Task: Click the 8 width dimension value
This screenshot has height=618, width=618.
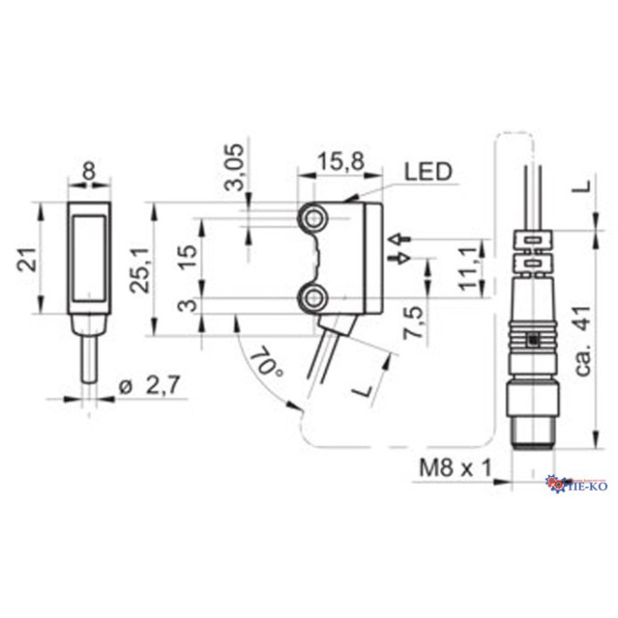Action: (x=88, y=170)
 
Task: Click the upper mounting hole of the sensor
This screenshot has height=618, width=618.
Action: (x=316, y=218)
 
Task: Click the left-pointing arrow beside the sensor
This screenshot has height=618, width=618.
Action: (x=396, y=240)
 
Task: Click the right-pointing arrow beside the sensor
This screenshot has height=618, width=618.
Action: (x=396, y=259)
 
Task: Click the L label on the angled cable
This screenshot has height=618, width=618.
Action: (x=363, y=389)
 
